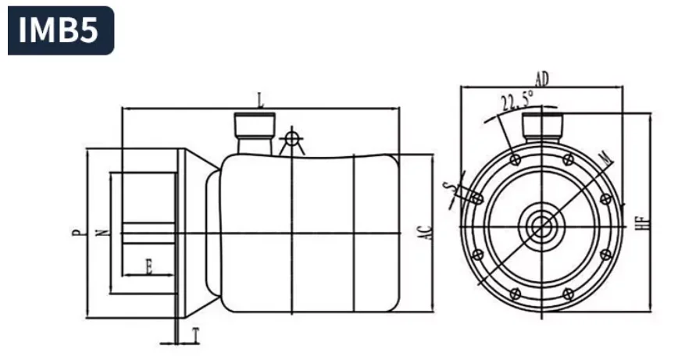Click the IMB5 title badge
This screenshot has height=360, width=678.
pyautogui.click(x=61, y=30)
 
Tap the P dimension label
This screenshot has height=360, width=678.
pyautogui.click(x=76, y=232)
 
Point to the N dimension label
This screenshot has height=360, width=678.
pyautogui.click(x=102, y=232)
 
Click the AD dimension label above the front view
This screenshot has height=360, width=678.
pyautogui.click(x=541, y=79)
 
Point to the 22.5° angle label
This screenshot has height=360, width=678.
pyautogui.click(x=517, y=101)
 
